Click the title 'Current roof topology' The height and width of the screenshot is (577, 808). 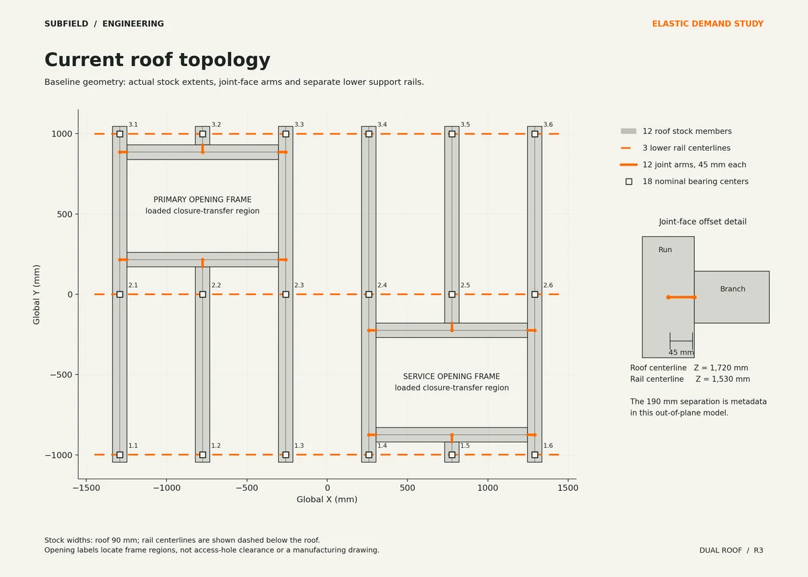click(158, 60)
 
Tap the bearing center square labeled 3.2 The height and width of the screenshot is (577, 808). click(203, 134)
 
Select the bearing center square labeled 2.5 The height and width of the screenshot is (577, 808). click(452, 295)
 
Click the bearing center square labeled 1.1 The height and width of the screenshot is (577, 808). click(120, 455)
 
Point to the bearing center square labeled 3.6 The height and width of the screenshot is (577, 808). click(535, 134)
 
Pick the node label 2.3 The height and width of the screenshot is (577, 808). click(299, 285)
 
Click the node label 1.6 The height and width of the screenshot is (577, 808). click(548, 446)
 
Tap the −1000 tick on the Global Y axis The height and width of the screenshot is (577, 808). click(59, 455)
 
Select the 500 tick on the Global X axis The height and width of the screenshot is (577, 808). click(407, 488)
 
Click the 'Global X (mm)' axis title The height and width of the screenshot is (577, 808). click(327, 500)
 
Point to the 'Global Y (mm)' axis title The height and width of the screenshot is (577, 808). click(36, 295)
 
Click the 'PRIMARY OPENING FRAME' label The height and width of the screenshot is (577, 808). click(203, 199)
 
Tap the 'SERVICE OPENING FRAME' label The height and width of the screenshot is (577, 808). click(452, 376)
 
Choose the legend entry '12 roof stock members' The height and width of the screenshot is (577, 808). click(687, 131)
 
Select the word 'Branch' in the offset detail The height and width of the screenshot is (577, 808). click(733, 289)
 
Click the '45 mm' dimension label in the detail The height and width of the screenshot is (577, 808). click(681, 352)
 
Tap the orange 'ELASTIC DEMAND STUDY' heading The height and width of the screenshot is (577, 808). click(708, 24)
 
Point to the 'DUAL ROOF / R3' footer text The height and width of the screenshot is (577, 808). click(731, 550)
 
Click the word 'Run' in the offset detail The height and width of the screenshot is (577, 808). click(665, 250)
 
